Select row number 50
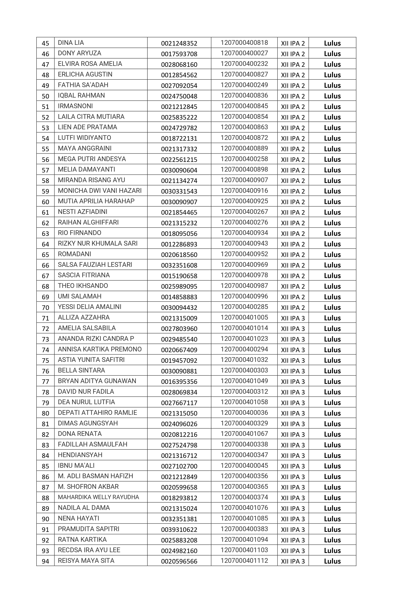(x=45, y=96)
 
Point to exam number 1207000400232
(x=244, y=64)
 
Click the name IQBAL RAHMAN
(x=81, y=95)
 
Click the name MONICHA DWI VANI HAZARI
(x=100, y=191)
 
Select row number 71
(x=45, y=318)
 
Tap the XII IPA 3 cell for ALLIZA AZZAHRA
(x=293, y=318)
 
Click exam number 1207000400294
(x=244, y=349)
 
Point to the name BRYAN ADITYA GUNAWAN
(x=97, y=381)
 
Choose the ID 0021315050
(x=179, y=413)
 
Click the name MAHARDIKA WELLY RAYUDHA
(x=98, y=497)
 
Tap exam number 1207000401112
(x=244, y=560)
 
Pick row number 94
(x=45, y=561)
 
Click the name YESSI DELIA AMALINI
(x=90, y=307)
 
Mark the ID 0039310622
(x=179, y=529)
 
